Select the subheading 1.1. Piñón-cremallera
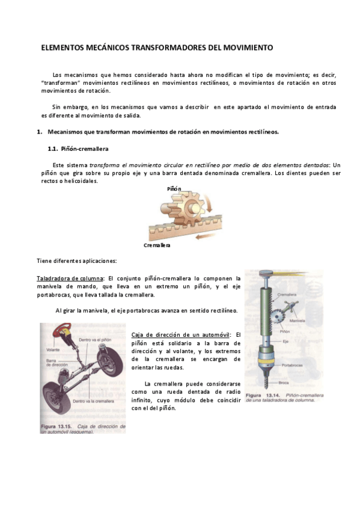point(78,149)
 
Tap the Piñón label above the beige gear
point(174,188)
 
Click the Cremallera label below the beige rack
point(157,245)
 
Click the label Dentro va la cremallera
point(94,400)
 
